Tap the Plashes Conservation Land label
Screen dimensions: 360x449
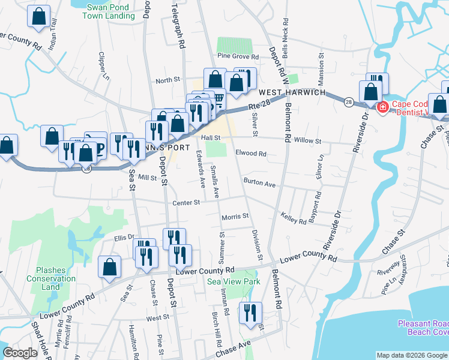[x=51, y=278]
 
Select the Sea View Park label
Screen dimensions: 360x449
[x=234, y=281]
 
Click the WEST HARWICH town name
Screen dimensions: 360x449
[x=292, y=93]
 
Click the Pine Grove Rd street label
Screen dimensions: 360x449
[x=238, y=57]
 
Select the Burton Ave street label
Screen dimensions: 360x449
[x=259, y=184]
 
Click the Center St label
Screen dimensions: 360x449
[x=186, y=203]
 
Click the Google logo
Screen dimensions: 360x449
[x=20, y=353]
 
